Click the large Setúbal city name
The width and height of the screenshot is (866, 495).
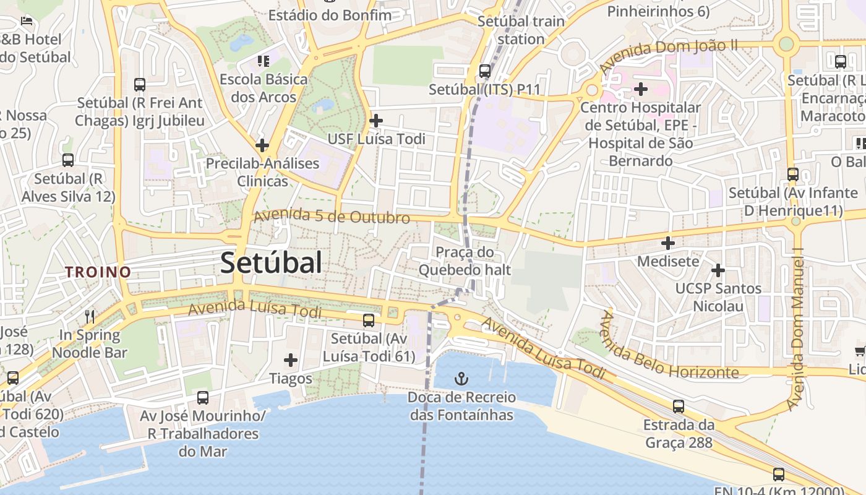[271, 263]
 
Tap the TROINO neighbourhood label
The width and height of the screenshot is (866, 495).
[98, 272]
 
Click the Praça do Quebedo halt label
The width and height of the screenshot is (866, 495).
[465, 261]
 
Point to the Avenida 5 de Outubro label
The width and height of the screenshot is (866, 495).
[332, 217]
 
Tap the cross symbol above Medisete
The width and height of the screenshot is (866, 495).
[668, 243]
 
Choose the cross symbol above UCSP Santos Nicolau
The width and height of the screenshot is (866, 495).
[718, 270]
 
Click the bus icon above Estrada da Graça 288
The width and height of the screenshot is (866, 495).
[679, 407]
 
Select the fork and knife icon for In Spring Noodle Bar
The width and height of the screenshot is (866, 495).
[90, 317]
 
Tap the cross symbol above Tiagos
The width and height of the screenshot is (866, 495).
[290, 359]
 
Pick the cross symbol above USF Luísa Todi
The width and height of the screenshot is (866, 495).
[375, 120]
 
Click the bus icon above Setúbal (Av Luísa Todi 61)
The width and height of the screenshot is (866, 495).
[369, 320]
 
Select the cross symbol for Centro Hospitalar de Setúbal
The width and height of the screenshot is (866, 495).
[641, 89]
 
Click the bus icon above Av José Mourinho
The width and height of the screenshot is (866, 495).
[203, 398]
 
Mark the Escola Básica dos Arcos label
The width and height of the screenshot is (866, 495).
[264, 88]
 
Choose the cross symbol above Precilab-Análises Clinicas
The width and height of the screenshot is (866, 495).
[262, 145]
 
